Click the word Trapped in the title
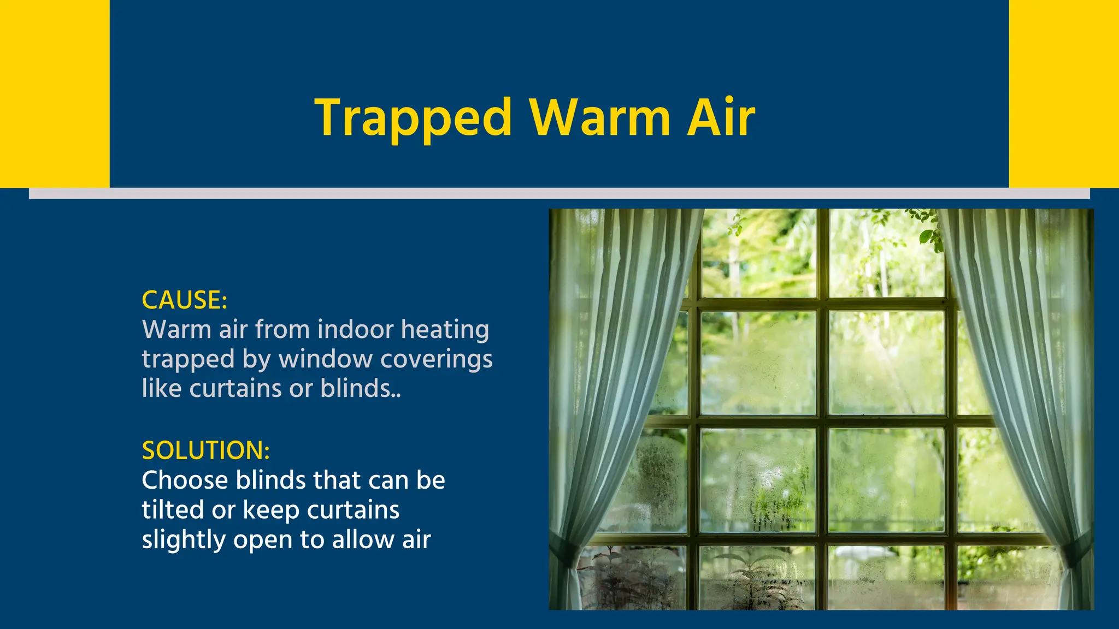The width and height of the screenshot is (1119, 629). (414, 118)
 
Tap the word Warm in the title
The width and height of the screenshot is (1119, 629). (599, 118)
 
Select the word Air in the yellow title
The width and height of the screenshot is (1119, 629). (721, 118)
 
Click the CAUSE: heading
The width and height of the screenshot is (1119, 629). (185, 300)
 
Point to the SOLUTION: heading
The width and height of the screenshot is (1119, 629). (206, 450)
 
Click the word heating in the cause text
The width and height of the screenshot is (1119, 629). (445, 330)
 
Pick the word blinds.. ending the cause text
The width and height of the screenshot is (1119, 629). (361, 389)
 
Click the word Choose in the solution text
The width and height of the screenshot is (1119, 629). (185, 480)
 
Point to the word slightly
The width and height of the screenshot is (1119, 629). (184, 540)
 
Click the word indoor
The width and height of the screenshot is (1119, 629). (356, 330)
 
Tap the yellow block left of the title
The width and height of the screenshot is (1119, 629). (55, 93)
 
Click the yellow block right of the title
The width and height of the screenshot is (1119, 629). (1064, 93)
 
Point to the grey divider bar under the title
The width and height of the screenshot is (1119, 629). (559, 193)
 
